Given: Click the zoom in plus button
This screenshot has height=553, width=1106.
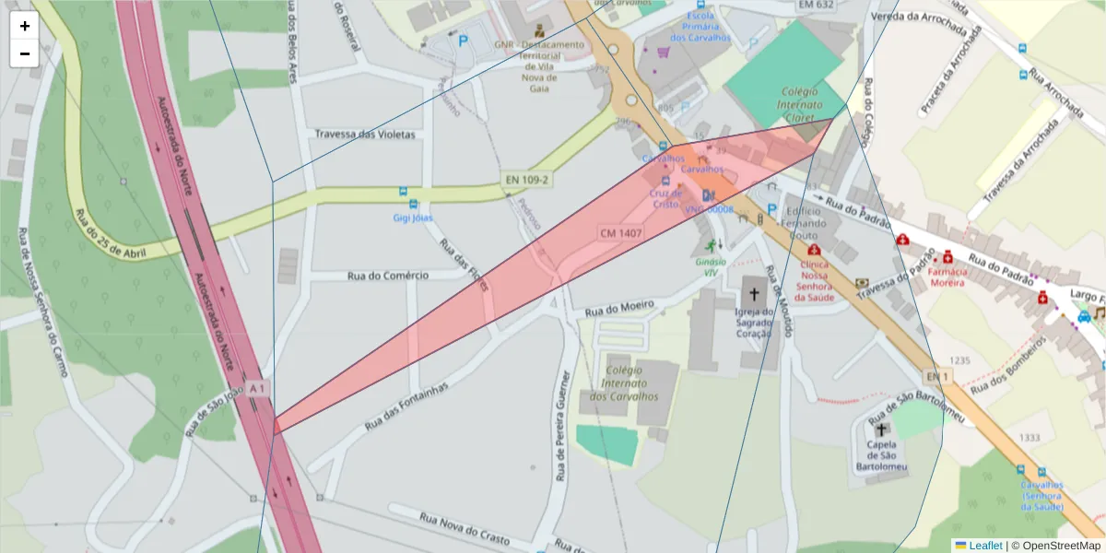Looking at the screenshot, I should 25,26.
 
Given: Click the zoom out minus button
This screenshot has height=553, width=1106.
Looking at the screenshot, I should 25,53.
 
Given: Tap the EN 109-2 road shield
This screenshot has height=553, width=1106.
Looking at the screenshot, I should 526,179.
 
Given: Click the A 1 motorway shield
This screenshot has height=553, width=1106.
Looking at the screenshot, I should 257,389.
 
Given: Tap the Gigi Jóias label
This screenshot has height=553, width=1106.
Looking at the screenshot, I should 413,218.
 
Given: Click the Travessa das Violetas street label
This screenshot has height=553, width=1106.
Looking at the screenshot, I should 365,134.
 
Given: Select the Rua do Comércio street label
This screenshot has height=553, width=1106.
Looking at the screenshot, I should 388,275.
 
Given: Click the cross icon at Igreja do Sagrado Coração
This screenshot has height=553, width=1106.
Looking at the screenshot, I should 754,294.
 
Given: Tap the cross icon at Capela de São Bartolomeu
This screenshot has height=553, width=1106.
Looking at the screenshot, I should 881,429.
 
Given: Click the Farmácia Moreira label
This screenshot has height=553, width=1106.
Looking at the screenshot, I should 952,277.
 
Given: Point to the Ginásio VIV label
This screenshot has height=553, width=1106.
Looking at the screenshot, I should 710,266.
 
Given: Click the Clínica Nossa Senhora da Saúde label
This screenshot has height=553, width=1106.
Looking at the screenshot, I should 814,280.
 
